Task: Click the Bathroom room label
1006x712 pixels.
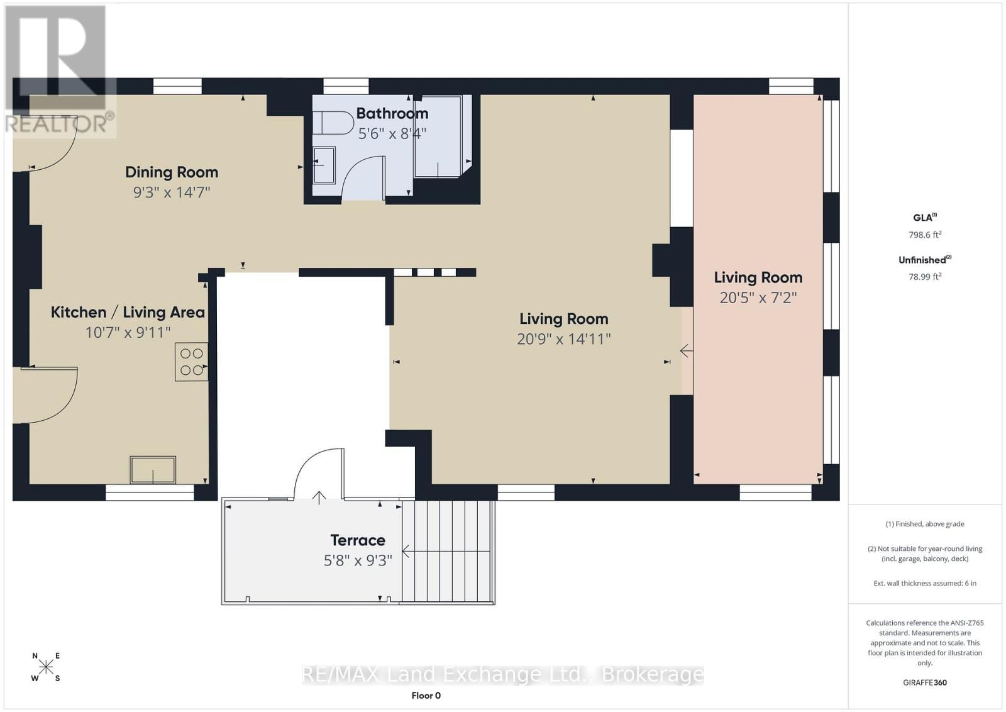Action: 392,113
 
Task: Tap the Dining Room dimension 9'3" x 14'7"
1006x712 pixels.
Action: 171,192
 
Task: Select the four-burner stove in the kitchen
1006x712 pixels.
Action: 192,362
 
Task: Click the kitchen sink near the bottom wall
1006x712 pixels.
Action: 153,470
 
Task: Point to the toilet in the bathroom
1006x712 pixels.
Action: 334,123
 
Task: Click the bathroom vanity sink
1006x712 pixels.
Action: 324,165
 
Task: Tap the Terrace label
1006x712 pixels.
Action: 358,540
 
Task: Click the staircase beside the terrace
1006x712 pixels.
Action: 448,552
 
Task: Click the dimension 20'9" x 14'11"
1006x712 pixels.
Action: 563,339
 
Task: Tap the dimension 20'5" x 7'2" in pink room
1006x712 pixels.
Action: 758,298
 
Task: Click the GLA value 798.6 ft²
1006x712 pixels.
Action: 924,235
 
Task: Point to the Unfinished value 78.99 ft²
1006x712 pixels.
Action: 924,276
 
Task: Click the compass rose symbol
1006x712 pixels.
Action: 46,667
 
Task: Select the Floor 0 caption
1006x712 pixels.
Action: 426,695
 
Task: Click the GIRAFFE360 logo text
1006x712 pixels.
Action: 924,682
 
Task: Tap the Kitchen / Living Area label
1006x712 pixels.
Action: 128,312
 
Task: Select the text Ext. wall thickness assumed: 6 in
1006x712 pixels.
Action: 924,583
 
